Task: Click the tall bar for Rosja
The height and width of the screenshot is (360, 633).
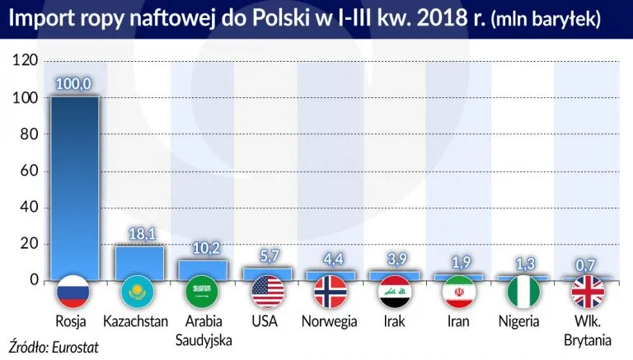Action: [74, 185]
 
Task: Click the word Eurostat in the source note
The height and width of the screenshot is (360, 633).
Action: [73, 347]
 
